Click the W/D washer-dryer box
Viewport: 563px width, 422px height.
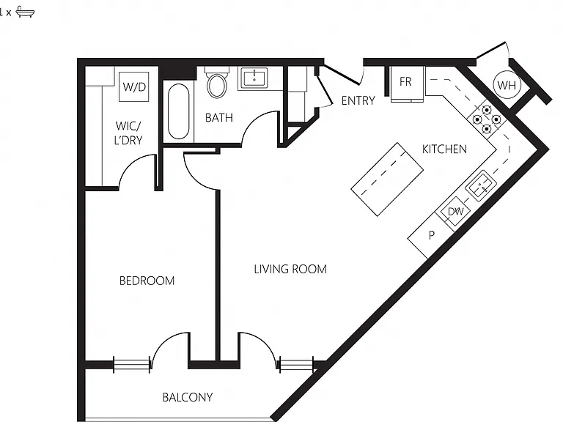134,87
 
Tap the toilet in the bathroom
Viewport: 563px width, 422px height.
217,82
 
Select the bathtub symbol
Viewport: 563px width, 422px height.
178,111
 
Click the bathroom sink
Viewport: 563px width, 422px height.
254,78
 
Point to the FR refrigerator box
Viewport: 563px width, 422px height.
405,84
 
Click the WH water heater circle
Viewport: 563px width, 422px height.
507,86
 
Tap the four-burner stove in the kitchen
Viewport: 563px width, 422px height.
487,119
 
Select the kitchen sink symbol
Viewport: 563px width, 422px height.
481,185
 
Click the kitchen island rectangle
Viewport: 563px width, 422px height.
387,179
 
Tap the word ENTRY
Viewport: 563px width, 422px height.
358,101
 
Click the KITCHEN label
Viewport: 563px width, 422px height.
444,149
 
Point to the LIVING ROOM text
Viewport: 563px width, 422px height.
290,269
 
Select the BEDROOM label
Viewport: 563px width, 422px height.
147,281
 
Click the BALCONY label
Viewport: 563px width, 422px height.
188,397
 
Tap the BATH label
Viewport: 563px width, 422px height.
219,118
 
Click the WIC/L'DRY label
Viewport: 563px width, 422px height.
128,133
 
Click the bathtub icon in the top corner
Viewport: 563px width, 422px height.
26,12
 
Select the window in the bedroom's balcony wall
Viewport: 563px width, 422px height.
131,365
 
